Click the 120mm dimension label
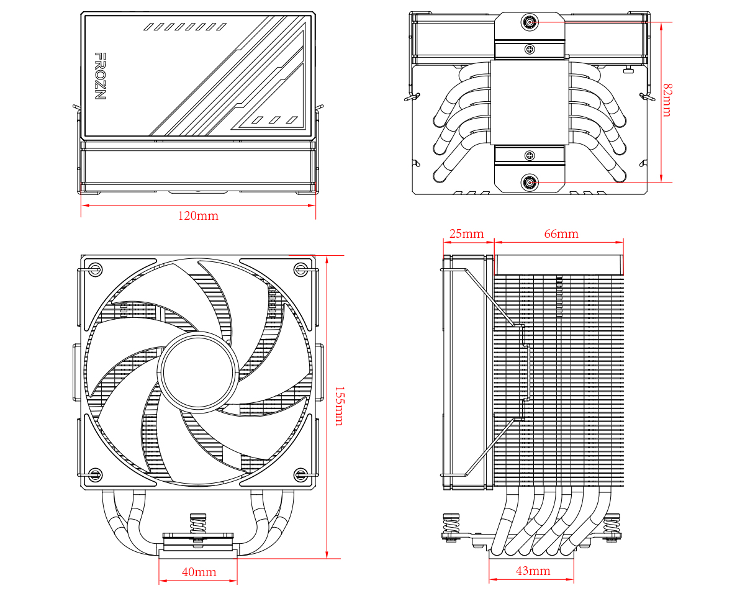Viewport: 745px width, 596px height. [198, 216]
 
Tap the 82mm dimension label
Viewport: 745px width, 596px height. [667, 100]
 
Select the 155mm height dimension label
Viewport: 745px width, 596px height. [338, 406]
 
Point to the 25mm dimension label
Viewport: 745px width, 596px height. [466, 234]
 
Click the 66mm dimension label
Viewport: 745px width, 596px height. [561, 234]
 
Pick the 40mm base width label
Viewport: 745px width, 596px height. [199, 572]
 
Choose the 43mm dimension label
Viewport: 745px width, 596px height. [532, 571]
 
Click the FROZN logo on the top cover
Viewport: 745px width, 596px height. [99, 76]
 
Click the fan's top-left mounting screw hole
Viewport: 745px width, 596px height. [95, 269]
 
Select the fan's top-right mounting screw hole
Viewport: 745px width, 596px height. [301, 269]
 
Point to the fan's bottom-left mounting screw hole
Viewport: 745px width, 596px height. [95, 476]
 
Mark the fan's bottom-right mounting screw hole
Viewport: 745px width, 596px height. [301, 476]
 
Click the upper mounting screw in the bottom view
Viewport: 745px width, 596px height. [530, 22]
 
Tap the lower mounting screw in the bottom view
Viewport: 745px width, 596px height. [530, 183]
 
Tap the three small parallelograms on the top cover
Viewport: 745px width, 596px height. [275, 119]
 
